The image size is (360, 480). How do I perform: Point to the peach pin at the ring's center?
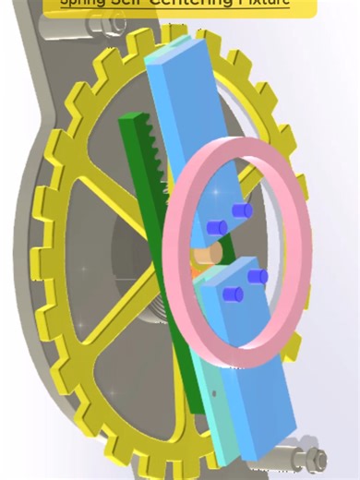[207, 254]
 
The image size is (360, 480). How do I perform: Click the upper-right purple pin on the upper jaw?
[242, 211]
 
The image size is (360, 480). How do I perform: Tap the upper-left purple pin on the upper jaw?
[218, 227]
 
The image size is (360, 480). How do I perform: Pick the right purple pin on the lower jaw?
[258, 276]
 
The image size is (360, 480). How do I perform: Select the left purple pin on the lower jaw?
[234, 294]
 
